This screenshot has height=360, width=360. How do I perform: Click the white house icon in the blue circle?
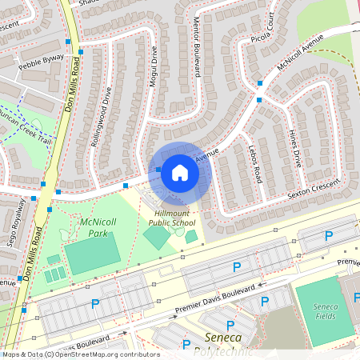[179, 172]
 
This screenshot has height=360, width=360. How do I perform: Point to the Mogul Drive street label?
[152, 72]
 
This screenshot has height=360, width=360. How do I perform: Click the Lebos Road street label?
[255, 163]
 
